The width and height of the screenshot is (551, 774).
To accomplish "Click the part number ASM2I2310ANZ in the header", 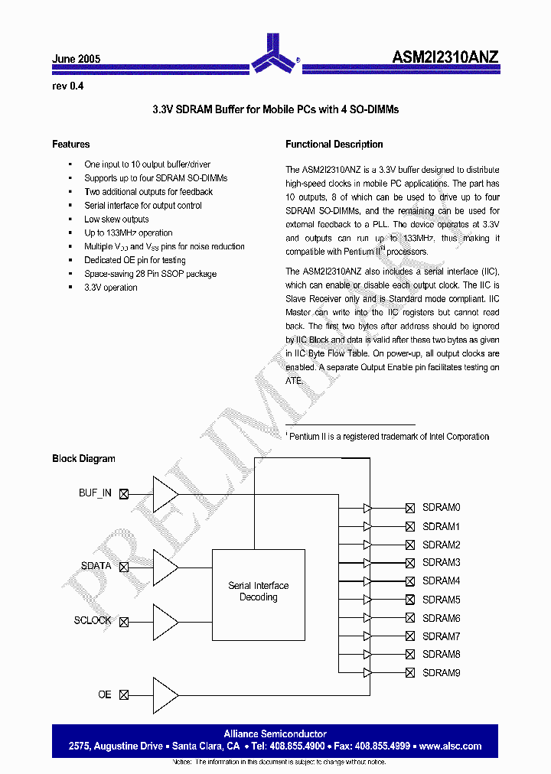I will click(x=445, y=57).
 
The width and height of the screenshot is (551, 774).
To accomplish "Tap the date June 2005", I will click(x=76, y=59).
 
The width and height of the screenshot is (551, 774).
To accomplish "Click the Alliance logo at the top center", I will click(x=275, y=53).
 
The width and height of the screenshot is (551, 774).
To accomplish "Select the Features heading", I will click(x=70, y=144).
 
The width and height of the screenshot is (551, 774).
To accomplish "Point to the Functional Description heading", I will click(x=334, y=144).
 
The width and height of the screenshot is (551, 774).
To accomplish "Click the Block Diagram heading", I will click(x=83, y=459).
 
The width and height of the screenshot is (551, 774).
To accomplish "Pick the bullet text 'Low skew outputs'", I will click(x=116, y=220).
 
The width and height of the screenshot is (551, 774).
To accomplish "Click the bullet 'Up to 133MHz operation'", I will click(x=128, y=233).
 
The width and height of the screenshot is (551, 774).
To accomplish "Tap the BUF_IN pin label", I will click(x=95, y=493).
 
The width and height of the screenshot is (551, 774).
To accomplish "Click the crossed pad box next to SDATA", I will click(x=124, y=567).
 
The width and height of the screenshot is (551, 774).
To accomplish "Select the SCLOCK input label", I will click(x=93, y=621).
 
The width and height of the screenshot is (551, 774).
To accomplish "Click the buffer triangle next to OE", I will click(x=165, y=694).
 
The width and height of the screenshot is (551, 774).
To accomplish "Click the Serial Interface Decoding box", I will click(x=258, y=591).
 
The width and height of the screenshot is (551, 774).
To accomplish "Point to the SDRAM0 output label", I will click(x=441, y=508).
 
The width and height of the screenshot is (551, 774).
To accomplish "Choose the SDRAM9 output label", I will click(x=441, y=673).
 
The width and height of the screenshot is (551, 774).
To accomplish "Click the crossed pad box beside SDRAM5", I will click(x=410, y=600).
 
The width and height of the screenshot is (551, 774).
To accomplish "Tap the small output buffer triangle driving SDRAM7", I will click(x=367, y=636).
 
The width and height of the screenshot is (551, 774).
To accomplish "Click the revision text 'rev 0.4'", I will click(x=67, y=86).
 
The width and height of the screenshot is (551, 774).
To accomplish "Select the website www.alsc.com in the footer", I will click(x=451, y=746).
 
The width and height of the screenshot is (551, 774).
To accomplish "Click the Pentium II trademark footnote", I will click(x=389, y=437).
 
